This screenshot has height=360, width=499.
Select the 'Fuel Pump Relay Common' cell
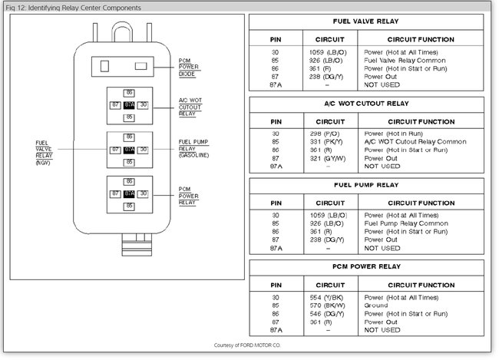[x=405, y=223]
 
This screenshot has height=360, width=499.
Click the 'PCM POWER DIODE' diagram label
[x=187, y=68]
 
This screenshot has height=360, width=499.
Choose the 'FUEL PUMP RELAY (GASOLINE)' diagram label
[x=193, y=148]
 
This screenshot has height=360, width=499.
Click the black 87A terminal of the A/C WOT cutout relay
[x=130, y=104]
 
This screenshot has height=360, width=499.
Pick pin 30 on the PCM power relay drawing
[x=143, y=194]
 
